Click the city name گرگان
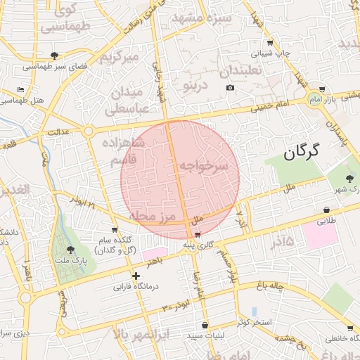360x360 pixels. pyautogui.click(x=302, y=150)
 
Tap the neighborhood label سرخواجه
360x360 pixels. pyautogui.click(x=204, y=166)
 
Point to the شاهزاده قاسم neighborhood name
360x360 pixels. pyautogui.click(x=133, y=153)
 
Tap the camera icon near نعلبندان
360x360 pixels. pyautogui.click(x=230, y=88)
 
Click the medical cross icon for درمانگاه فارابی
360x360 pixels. pyautogui.click(x=136, y=276)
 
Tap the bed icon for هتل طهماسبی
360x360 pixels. pyautogui.click(x=20, y=90)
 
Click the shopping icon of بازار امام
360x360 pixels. pyautogui.click(x=321, y=90)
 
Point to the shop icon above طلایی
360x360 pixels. pyautogui.click(x=327, y=210)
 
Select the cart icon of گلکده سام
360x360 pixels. pyautogui.click(x=114, y=230)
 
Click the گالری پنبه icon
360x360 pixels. pyautogui.click(x=198, y=234)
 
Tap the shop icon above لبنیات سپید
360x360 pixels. pyautogui.click(x=205, y=325)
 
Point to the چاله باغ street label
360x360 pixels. pyautogui.click(x=271, y=285)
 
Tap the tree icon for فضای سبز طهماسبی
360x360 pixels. pyautogui.click(x=55, y=56)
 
